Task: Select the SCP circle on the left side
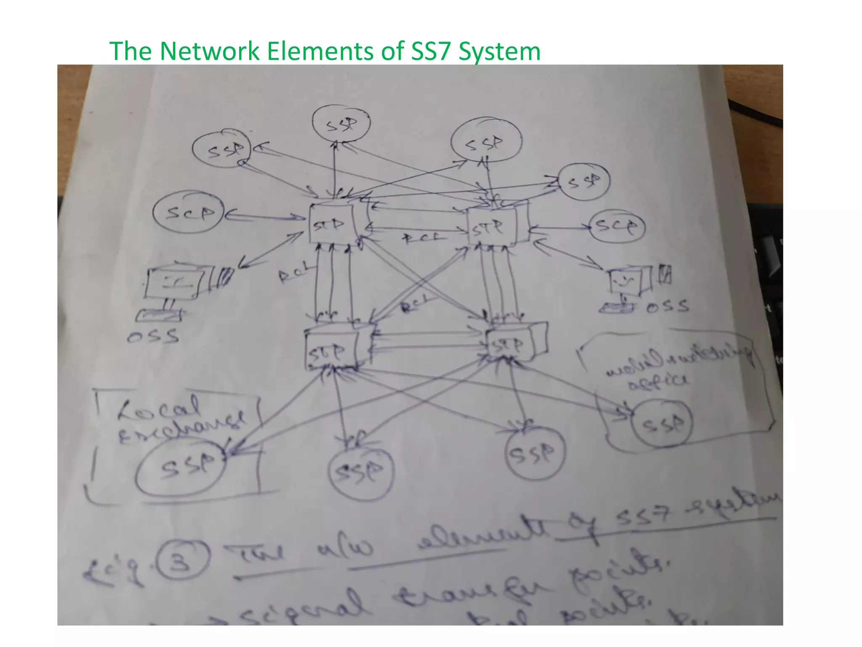click(188, 213)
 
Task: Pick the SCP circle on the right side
click(617, 227)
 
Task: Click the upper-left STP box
click(332, 224)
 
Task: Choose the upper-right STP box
click(492, 227)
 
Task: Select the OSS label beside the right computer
click(668, 306)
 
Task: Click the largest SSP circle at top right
click(486, 142)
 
